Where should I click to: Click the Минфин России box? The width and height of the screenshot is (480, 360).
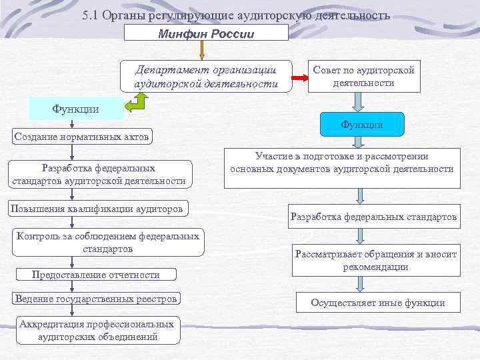[x=206, y=34]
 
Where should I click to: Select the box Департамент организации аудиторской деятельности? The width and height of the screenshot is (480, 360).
[x=206, y=77]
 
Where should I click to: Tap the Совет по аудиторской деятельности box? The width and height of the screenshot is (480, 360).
[x=364, y=77]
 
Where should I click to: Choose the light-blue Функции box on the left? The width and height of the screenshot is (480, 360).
[x=76, y=109]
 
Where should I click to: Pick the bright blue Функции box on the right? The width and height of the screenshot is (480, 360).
[x=361, y=124]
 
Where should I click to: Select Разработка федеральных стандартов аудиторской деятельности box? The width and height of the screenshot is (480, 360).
[x=98, y=174]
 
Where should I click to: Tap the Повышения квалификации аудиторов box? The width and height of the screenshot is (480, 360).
[x=97, y=209]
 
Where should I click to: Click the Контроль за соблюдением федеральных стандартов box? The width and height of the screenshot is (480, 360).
[x=107, y=242]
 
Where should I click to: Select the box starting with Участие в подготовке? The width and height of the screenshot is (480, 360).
[x=341, y=163]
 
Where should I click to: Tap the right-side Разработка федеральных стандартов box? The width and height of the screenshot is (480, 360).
[x=373, y=217]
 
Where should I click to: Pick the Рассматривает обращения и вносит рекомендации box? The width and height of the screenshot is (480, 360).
[x=376, y=260]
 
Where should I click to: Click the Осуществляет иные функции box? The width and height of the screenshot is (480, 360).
[x=377, y=303]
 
